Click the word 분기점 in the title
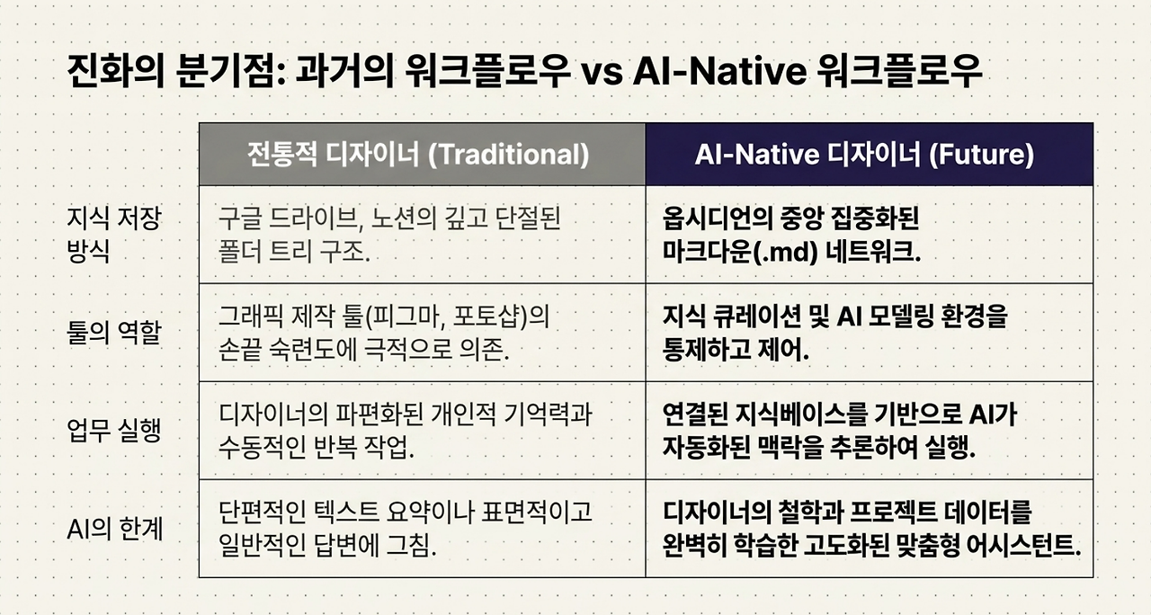(x=229, y=71)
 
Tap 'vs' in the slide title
(x=602, y=73)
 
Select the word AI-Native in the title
(x=720, y=71)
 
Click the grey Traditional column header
(x=422, y=154)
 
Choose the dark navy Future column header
(x=869, y=154)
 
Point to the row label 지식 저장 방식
(x=114, y=235)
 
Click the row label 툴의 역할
(x=114, y=333)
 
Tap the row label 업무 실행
(x=114, y=431)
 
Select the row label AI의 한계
(x=114, y=529)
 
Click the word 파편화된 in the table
(x=379, y=414)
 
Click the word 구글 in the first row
(x=239, y=218)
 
